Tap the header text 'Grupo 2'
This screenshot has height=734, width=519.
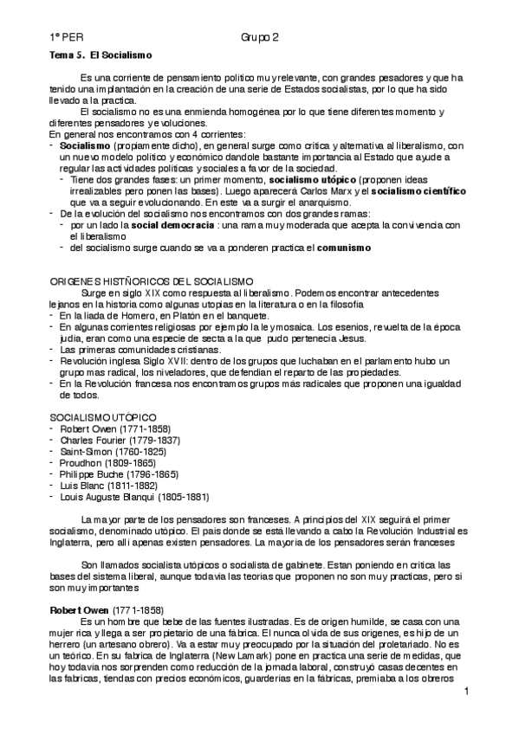(x=259, y=38)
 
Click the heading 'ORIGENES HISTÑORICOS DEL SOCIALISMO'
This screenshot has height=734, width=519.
(x=151, y=281)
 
